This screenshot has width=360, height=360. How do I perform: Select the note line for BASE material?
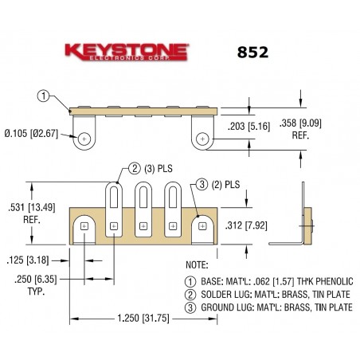coord(269,280)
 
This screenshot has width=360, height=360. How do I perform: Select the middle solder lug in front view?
coord(144,209)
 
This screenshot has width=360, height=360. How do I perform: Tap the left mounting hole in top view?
coord(83,139)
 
